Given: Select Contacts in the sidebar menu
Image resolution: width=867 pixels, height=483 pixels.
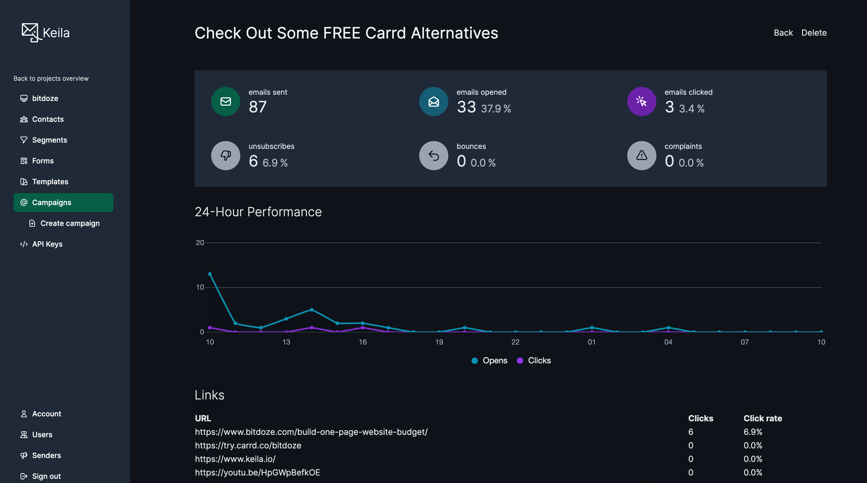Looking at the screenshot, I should click(x=48, y=119).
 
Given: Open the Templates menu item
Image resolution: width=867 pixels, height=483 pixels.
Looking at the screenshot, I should click(x=50, y=182).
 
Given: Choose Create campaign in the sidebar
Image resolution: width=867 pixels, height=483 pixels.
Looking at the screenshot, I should click(x=70, y=223).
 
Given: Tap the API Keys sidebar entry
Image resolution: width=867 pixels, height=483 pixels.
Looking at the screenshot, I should click(x=47, y=244).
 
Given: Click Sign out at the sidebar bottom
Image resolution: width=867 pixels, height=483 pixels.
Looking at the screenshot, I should click(x=47, y=476).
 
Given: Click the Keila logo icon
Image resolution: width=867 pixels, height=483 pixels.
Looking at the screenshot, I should click(x=31, y=32).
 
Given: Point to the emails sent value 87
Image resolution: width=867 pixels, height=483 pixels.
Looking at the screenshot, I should click(x=257, y=107).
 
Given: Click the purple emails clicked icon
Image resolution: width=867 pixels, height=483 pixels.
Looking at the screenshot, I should click(x=642, y=101).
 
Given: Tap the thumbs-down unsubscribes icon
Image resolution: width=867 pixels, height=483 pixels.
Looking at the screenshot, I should click(x=225, y=156).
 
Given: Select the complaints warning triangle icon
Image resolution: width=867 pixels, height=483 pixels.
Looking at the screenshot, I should click(x=642, y=156).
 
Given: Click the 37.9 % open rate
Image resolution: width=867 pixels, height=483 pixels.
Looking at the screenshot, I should click(x=496, y=109).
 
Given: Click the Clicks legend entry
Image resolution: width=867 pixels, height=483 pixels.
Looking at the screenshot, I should click(x=539, y=360).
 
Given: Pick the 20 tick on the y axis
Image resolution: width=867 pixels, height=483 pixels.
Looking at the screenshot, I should click(x=200, y=243).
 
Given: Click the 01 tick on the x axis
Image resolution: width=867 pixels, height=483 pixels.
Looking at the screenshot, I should click(x=591, y=342).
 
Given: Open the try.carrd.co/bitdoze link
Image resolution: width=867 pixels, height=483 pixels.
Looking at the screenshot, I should click(x=248, y=445).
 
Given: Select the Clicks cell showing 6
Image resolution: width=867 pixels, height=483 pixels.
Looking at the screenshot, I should click(x=690, y=432).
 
